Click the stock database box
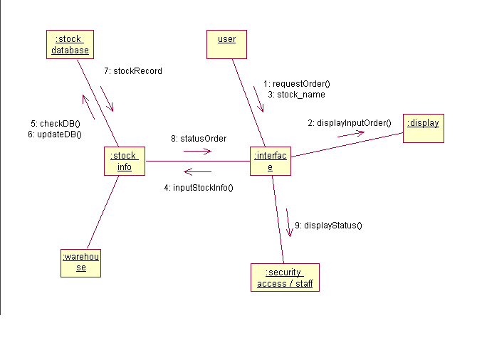[70, 44]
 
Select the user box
[226, 43]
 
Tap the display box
[423, 128]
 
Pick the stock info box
[124, 161]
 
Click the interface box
[271, 161]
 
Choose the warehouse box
[81, 262]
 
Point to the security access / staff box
[285, 277]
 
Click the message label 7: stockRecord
[133, 71]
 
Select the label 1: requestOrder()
[296, 83]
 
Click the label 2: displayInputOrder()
[350, 122]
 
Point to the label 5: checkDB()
[56, 123]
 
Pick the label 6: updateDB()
[56, 134]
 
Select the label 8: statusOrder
[199, 138]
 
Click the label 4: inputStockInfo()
[199, 187]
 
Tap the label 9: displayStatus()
[328, 226]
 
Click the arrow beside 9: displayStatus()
[288, 222]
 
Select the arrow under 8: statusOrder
[197, 151]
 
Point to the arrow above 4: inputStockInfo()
[197, 171]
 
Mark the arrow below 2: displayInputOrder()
[350, 134]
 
